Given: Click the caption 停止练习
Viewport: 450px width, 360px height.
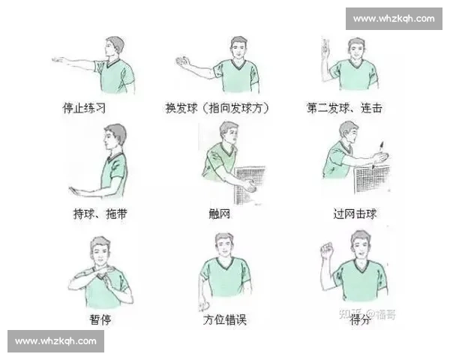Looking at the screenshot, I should (x=83, y=108).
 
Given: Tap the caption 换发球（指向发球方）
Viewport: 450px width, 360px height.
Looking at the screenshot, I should (x=217, y=108).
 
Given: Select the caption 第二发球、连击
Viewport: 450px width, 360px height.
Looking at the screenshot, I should (x=344, y=108).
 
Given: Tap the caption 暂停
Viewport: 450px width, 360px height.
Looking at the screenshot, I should (x=100, y=319).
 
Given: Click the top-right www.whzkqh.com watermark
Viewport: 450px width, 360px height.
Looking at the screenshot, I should (x=393, y=18).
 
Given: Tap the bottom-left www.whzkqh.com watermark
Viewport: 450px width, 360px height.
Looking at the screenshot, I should (x=56, y=341).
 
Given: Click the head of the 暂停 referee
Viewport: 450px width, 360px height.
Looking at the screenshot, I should (x=100, y=249).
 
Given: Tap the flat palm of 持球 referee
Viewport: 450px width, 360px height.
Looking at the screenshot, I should (x=76, y=190).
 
